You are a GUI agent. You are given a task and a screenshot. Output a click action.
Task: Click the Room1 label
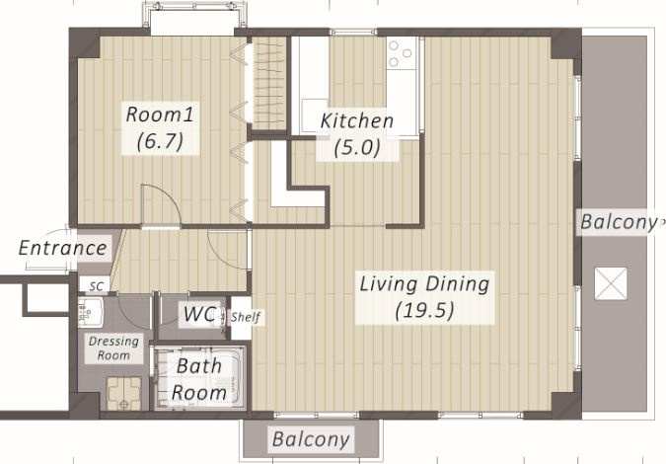pyautogui.click(x=160, y=115)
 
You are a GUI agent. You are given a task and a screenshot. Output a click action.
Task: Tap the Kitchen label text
pyautogui.click(x=357, y=120)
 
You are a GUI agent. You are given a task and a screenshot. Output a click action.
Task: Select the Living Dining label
pyautogui.click(x=424, y=284)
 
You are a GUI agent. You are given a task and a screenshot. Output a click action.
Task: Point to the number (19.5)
pyautogui.click(x=424, y=311)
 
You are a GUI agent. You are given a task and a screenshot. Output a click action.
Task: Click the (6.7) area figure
pyautogui.click(x=160, y=140)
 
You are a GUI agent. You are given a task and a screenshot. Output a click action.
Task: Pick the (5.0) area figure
pyautogui.click(x=357, y=147)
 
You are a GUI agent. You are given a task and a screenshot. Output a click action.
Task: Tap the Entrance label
pyautogui.click(x=62, y=248)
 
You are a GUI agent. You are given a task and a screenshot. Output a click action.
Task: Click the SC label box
pyautogui.click(x=96, y=286)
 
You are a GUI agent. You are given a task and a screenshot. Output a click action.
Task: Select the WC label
pyautogui.click(x=199, y=314)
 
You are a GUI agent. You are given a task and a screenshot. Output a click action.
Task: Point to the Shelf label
pyautogui.click(x=246, y=317)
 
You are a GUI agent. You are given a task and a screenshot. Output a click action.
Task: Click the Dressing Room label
pyautogui.click(x=113, y=348)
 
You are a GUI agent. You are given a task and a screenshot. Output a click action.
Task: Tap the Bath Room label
pyautogui.click(x=199, y=379)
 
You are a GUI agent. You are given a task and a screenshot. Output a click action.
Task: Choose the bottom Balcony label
pyautogui.click(x=311, y=439)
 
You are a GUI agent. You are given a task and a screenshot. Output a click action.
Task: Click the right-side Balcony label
pyautogui.click(x=618, y=222)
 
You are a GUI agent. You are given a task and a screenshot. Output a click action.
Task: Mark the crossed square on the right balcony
pyautogui.click(x=611, y=283)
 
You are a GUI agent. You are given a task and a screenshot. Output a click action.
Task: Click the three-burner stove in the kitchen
pyautogui.click(x=401, y=53)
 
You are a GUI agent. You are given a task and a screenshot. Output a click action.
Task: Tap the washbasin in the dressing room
pyautogui.click(x=91, y=312)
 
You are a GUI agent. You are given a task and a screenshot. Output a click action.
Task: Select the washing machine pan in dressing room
pyautogui.click(x=123, y=394)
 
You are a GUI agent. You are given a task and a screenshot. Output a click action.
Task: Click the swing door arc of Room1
pyautogui.click(x=166, y=199)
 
